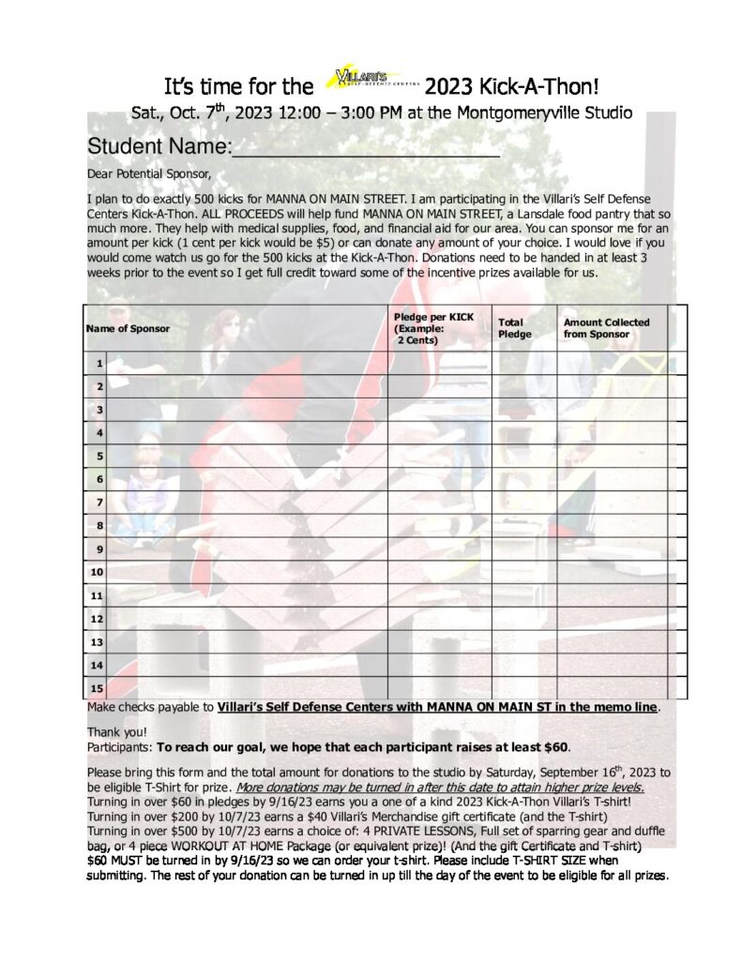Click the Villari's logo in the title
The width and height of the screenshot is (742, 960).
(x=368, y=79)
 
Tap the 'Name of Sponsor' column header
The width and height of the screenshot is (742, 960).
(x=128, y=328)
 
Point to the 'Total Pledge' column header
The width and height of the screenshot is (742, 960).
(x=514, y=328)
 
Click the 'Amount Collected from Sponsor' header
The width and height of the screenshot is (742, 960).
(x=606, y=328)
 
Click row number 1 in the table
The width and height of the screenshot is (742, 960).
(x=98, y=363)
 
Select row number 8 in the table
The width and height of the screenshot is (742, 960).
(x=98, y=526)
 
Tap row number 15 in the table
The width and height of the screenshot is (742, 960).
(x=96, y=688)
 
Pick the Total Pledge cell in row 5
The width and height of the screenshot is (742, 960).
(x=523, y=456)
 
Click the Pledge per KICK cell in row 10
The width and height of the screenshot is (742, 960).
(x=439, y=572)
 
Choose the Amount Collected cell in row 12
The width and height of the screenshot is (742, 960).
(x=612, y=619)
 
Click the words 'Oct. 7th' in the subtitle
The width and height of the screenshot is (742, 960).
(x=191, y=113)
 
